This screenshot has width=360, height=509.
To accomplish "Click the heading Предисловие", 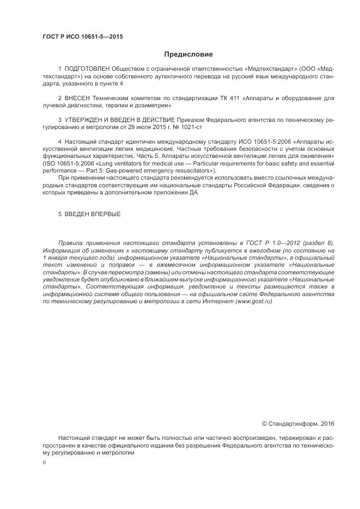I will point(188,54).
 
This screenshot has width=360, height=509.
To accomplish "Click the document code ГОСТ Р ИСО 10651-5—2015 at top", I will point(82,37).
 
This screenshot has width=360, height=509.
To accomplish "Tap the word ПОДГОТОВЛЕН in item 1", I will point(87,70).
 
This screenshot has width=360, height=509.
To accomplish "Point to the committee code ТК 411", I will point(231,97).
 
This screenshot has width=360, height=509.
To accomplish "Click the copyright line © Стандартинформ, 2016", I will point(298,424).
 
